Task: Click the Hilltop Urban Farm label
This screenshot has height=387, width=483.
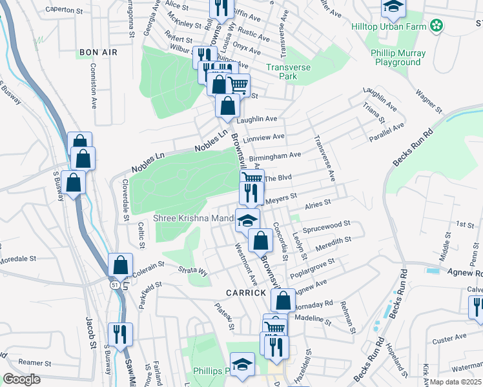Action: [389, 26]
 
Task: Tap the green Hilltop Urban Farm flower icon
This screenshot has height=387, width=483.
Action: [437, 26]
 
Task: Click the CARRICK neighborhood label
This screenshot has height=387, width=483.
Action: [246, 292]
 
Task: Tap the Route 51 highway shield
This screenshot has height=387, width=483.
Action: [114, 284]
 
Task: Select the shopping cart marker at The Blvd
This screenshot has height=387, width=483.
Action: [252, 177]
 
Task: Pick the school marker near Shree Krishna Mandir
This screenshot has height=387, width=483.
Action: [247, 220]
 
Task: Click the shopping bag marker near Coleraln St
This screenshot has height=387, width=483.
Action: [121, 264]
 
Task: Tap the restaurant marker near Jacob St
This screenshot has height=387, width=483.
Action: [120, 333]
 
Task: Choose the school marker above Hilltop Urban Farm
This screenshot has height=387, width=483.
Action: [391, 8]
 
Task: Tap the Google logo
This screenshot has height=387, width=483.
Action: [21, 379]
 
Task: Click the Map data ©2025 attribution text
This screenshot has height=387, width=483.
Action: [455, 382]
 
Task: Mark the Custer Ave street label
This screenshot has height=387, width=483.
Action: [449, 337]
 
